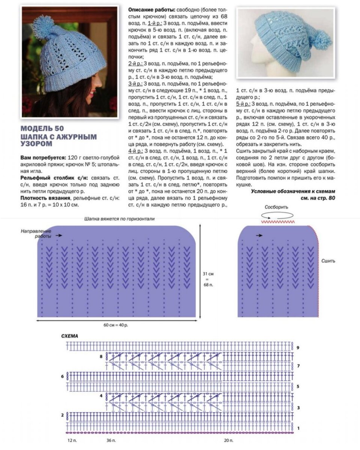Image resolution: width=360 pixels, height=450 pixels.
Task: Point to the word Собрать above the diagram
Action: [276, 207]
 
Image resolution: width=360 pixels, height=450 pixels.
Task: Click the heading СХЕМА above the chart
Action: [69, 336]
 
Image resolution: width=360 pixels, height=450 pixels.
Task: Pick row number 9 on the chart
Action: [297, 348]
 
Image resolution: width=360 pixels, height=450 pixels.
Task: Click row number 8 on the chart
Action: [101, 357]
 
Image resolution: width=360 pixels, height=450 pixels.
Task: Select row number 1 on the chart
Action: [298, 428]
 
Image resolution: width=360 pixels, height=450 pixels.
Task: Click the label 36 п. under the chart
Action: [111, 439]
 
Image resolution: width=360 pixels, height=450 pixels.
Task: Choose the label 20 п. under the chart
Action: [228, 439]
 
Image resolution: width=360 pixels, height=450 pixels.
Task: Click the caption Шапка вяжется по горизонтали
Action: [119, 219]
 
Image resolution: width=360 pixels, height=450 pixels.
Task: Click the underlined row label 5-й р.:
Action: [244, 103]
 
